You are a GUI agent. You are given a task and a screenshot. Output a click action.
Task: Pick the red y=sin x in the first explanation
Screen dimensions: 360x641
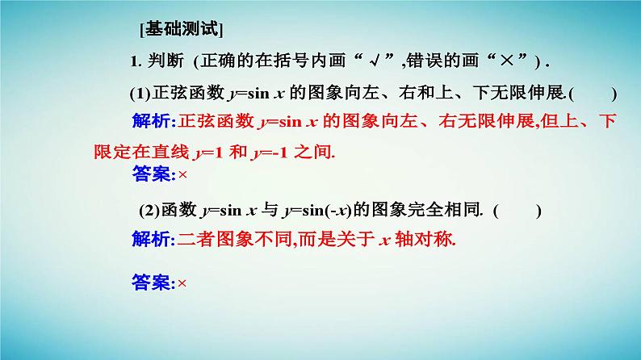coord(288,122)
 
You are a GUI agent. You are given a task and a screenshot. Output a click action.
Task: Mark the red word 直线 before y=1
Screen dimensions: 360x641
coord(168,151)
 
